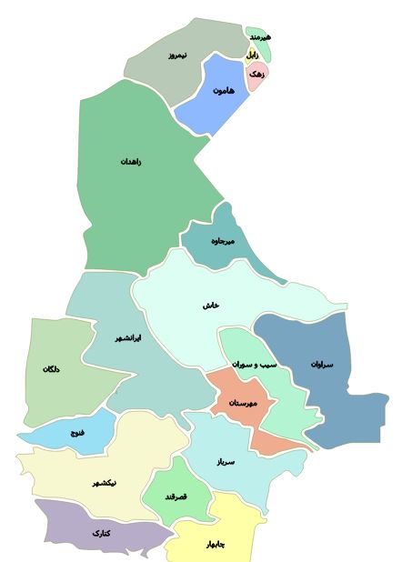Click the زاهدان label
131,162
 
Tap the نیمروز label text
176,55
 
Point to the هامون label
224,91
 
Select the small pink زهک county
256,75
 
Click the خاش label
211,306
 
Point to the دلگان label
51,369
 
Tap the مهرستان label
244,402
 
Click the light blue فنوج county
73,432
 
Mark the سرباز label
226,462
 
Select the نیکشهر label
104,483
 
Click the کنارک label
101,533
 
